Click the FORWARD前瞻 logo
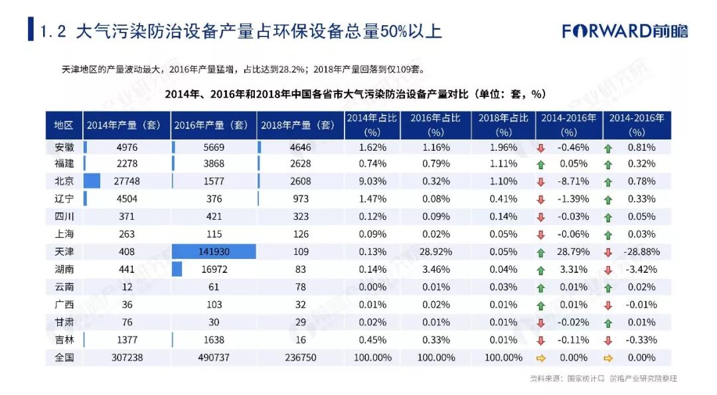click(x=625, y=31)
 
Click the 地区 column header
click(x=64, y=125)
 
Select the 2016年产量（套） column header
click(x=211, y=125)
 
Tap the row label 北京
click(x=64, y=181)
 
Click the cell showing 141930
click(x=214, y=252)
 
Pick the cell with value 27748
click(x=127, y=181)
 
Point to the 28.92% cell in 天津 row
click(x=436, y=252)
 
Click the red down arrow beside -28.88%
click(x=608, y=252)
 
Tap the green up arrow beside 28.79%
click(x=541, y=252)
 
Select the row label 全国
click(x=64, y=358)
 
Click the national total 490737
click(x=214, y=358)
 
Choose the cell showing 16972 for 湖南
click(x=214, y=270)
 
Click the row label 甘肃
click(x=64, y=323)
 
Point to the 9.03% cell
click(x=372, y=181)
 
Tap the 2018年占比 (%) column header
click(x=503, y=125)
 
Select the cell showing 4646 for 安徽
click(x=301, y=147)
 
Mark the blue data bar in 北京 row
click(x=92, y=181)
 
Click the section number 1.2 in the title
click(x=52, y=32)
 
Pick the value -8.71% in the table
click(x=574, y=181)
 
